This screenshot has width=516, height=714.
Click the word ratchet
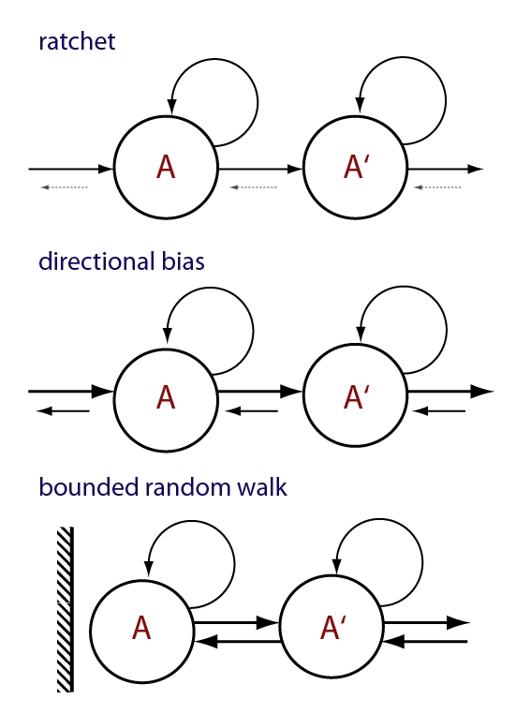coord(77,41)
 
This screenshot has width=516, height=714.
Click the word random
coord(188,487)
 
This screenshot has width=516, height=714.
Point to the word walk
coord(262,487)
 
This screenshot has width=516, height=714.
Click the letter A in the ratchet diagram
coord(166,167)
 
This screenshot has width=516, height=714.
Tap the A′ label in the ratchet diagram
coord(357,167)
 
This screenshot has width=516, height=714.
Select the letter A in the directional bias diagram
coord(166,397)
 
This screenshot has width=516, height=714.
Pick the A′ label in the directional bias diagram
coord(357,397)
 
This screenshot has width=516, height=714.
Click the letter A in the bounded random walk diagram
coord(141,628)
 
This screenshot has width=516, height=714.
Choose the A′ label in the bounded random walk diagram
coord(333,628)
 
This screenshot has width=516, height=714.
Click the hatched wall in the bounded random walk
coord(65,609)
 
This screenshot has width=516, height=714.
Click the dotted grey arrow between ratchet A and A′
coord(253,187)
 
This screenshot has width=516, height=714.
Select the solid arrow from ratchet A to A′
coord(260,169)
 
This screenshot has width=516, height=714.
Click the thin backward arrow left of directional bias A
coord(63,411)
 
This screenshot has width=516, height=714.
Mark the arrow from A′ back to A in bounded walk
coord(238,642)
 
